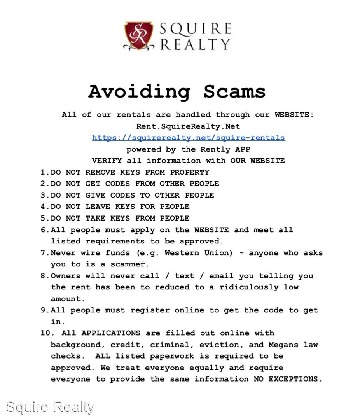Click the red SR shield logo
coord(138,35)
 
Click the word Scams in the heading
coord(234,92)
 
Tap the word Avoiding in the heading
coord(139,92)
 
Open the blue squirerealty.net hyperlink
coord(188,138)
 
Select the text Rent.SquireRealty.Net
coord(188,126)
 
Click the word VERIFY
coord(107,161)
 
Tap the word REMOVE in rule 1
coord(100,172)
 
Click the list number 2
coord(43,184)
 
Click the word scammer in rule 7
coord(130,264)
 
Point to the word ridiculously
coord(249,287)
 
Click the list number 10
coord(45,333)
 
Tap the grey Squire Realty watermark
coord(50,407)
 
